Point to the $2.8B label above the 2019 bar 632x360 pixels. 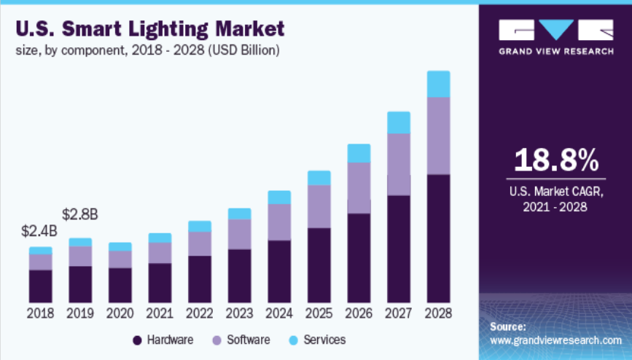(x=80, y=215)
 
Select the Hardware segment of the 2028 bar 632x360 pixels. (x=438, y=238)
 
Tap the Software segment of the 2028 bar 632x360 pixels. (x=438, y=136)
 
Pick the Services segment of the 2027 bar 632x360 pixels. (x=398, y=122)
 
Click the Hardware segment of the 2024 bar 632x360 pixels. (x=279, y=271)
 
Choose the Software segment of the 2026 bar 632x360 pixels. (x=359, y=188)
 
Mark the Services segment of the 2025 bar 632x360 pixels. (x=319, y=178)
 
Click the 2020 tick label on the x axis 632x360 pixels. (x=120, y=313)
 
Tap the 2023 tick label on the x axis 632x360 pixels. (x=239, y=313)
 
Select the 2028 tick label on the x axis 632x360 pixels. (x=438, y=313)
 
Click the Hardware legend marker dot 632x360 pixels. (x=136, y=340)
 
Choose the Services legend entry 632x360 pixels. (x=318, y=340)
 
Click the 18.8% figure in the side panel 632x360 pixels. (x=555, y=160)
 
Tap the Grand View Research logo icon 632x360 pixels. (x=555, y=31)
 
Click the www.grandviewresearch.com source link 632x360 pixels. (x=555, y=340)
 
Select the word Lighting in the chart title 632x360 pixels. (x=173, y=30)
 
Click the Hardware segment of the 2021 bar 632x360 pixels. (x=160, y=283)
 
